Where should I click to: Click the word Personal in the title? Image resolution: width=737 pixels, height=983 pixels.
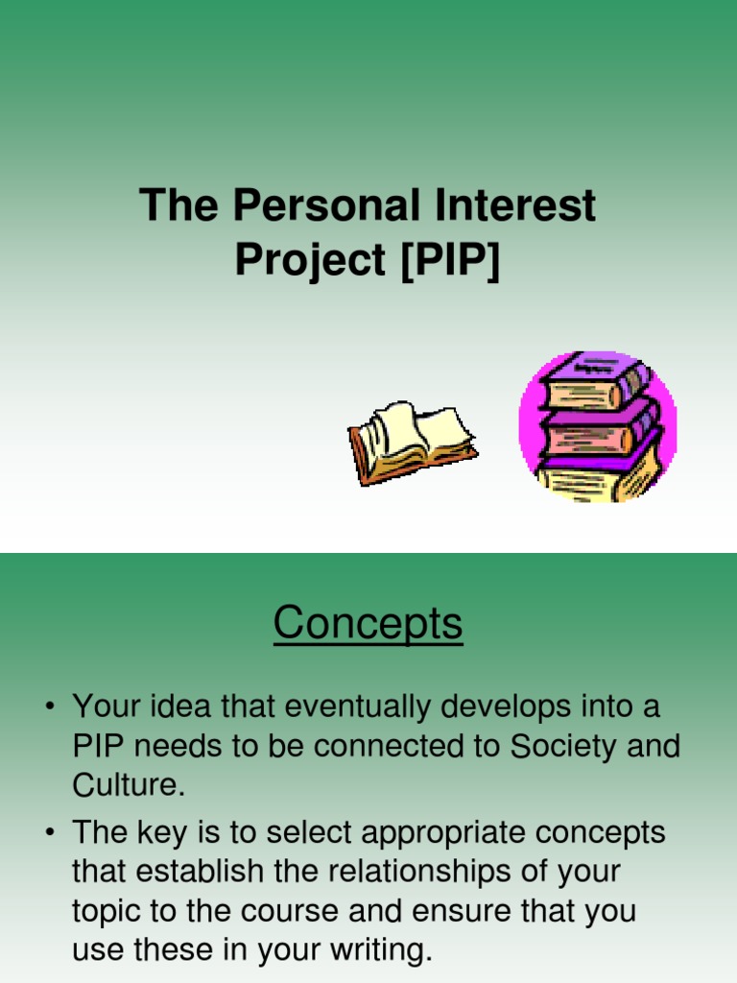pyautogui.click(x=326, y=206)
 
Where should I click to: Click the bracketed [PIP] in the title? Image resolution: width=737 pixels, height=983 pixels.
pyautogui.click(x=450, y=260)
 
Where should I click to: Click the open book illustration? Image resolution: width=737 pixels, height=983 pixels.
pyautogui.click(x=411, y=443)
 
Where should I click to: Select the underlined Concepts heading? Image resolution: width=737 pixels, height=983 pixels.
pyautogui.click(x=368, y=624)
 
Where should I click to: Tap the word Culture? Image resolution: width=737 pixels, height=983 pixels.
pyautogui.click(x=125, y=786)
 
